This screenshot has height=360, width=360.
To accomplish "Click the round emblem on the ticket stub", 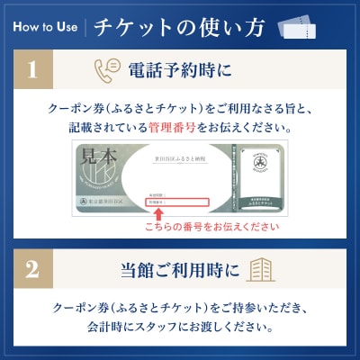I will [x=258, y=168].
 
